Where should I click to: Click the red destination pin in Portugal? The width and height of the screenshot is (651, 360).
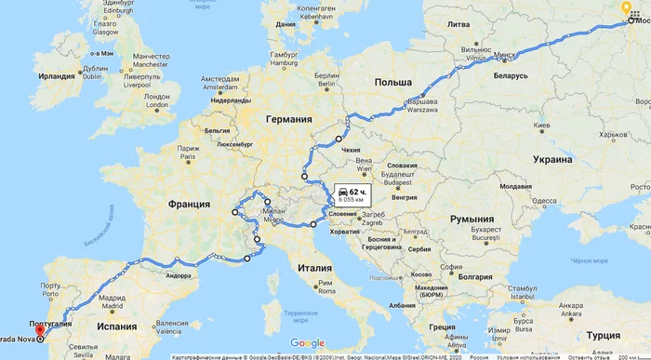click(38, 327)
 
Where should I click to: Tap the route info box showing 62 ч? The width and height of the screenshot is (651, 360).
click(352, 193)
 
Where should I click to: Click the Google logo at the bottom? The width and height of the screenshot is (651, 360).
click(307, 343)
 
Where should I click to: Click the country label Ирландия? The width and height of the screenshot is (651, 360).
click(58, 76)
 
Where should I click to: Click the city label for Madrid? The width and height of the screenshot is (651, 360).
click(113, 305)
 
